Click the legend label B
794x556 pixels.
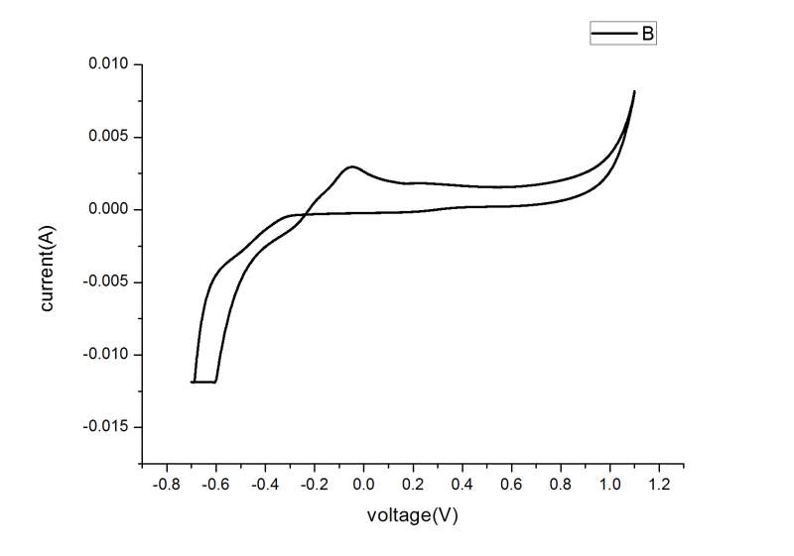(x=646, y=34)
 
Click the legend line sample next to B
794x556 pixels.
(x=613, y=34)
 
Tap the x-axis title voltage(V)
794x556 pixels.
(x=412, y=515)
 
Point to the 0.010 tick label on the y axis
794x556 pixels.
(x=109, y=64)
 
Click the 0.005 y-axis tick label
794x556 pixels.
(x=109, y=137)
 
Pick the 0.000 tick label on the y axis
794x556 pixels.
(x=109, y=209)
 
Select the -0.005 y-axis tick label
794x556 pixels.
(x=107, y=281)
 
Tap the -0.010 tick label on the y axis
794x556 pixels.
(x=107, y=354)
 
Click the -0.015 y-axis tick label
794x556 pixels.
(x=107, y=426)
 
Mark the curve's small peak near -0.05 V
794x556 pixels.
(x=351, y=167)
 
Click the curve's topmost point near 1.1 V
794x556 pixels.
(x=634, y=91)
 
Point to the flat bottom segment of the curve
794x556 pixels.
(x=203, y=382)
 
